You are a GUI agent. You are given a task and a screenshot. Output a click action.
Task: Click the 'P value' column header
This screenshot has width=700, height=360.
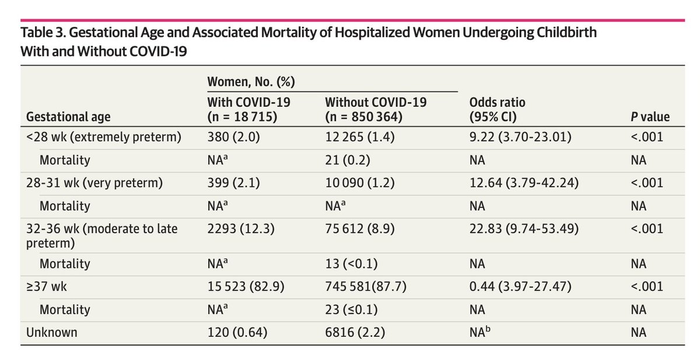click(650, 117)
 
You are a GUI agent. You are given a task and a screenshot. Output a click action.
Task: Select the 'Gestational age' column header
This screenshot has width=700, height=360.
click(68, 117)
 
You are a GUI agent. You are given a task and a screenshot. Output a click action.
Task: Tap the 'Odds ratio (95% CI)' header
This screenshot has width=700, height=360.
click(497, 109)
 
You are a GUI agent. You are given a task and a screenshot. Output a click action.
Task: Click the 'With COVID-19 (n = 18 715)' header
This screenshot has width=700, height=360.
click(249, 109)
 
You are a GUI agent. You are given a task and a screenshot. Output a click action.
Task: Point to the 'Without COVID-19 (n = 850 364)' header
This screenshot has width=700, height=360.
click(376, 109)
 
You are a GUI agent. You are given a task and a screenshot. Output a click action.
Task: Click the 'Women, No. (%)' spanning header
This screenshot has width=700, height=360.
click(251, 82)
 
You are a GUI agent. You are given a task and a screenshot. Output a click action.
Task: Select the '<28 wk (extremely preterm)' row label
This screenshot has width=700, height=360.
click(104, 137)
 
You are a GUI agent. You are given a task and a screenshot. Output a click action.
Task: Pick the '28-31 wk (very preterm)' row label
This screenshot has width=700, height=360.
click(94, 183)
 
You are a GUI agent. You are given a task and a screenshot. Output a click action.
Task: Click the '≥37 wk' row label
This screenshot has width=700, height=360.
click(46, 286)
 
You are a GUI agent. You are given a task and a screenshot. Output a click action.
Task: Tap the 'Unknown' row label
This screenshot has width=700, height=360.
click(51, 332)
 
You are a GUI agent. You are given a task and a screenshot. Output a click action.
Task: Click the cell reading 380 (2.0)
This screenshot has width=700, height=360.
click(233, 137)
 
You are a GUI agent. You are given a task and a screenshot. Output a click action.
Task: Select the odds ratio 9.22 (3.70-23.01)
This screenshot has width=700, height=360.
click(520, 137)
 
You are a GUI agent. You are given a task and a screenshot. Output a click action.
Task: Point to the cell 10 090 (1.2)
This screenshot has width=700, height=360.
click(360, 183)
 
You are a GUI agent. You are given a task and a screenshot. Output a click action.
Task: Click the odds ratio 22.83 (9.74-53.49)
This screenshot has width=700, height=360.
click(524, 229)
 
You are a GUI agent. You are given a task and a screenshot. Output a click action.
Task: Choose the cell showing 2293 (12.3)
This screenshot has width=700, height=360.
click(241, 229)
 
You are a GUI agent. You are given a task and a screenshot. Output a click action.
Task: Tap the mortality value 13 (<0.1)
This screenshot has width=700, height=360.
click(351, 264)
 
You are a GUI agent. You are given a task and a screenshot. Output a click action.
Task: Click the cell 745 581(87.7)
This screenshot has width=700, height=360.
click(366, 286)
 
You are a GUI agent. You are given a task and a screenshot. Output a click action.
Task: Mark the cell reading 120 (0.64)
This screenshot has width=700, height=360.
click(237, 332)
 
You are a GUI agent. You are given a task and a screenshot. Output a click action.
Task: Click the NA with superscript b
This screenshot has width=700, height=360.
click(480, 331)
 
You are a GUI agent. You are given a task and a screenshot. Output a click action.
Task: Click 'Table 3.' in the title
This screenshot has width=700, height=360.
click(43, 33)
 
